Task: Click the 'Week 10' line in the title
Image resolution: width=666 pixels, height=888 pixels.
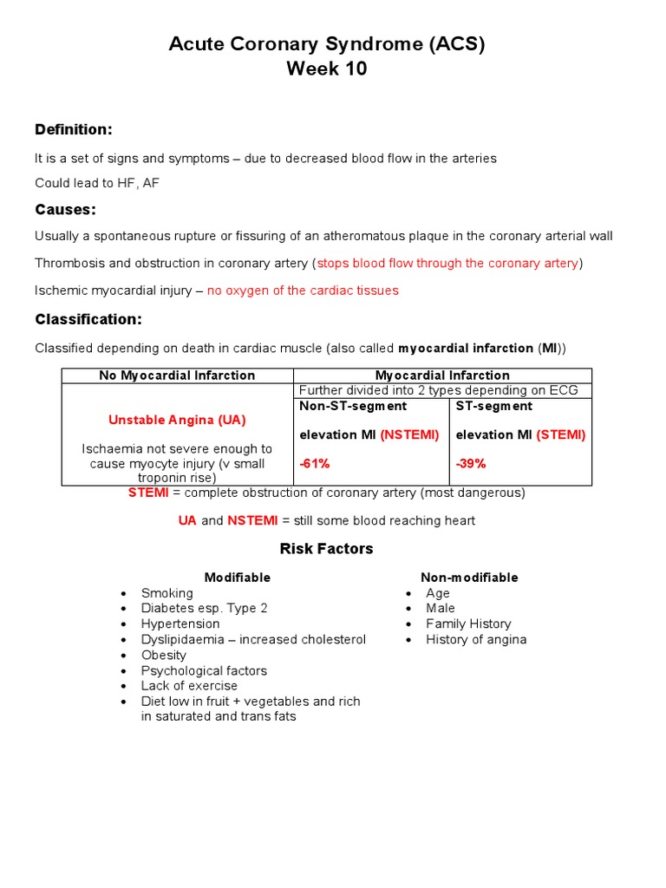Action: click(x=327, y=69)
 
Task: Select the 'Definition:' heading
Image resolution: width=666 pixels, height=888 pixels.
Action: click(x=74, y=130)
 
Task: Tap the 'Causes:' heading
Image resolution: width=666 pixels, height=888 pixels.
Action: click(x=65, y=210)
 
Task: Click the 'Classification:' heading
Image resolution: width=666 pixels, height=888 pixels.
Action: click(x=88, y=320)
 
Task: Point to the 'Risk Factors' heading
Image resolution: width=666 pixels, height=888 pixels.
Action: click(x=326, y=549)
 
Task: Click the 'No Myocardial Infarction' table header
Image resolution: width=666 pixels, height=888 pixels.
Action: click(x=177, y=375)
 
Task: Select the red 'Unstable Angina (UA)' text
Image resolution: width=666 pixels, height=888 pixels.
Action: click(x=177, y=420)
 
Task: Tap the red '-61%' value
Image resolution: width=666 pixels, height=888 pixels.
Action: click(x=315, y=464)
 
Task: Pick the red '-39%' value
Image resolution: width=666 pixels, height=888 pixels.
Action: click(x=471, y=464)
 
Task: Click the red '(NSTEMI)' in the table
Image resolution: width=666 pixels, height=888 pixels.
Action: click(x=409, y=434)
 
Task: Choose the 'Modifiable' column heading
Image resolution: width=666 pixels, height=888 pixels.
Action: click(x=237, y=578)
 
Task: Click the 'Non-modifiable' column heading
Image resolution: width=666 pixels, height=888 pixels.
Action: click(x=469, y=578)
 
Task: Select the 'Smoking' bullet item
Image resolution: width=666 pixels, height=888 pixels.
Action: click(x=167, y=593)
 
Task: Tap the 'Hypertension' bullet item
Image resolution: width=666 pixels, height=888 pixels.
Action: click(x=180, y=624)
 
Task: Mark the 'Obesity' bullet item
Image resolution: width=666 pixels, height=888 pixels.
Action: click(x=164, y=656)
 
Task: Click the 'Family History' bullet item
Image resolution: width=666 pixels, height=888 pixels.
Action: click(x=468, y=624)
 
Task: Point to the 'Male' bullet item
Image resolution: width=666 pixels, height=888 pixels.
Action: click(x=441, y=609)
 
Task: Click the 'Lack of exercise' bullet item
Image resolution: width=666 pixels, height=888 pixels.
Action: click(x=189, y=686)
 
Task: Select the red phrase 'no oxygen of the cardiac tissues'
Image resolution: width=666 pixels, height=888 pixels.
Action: click(x=303, y=291)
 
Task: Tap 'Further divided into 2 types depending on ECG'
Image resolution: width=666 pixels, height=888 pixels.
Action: click(x=438, y=391)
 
